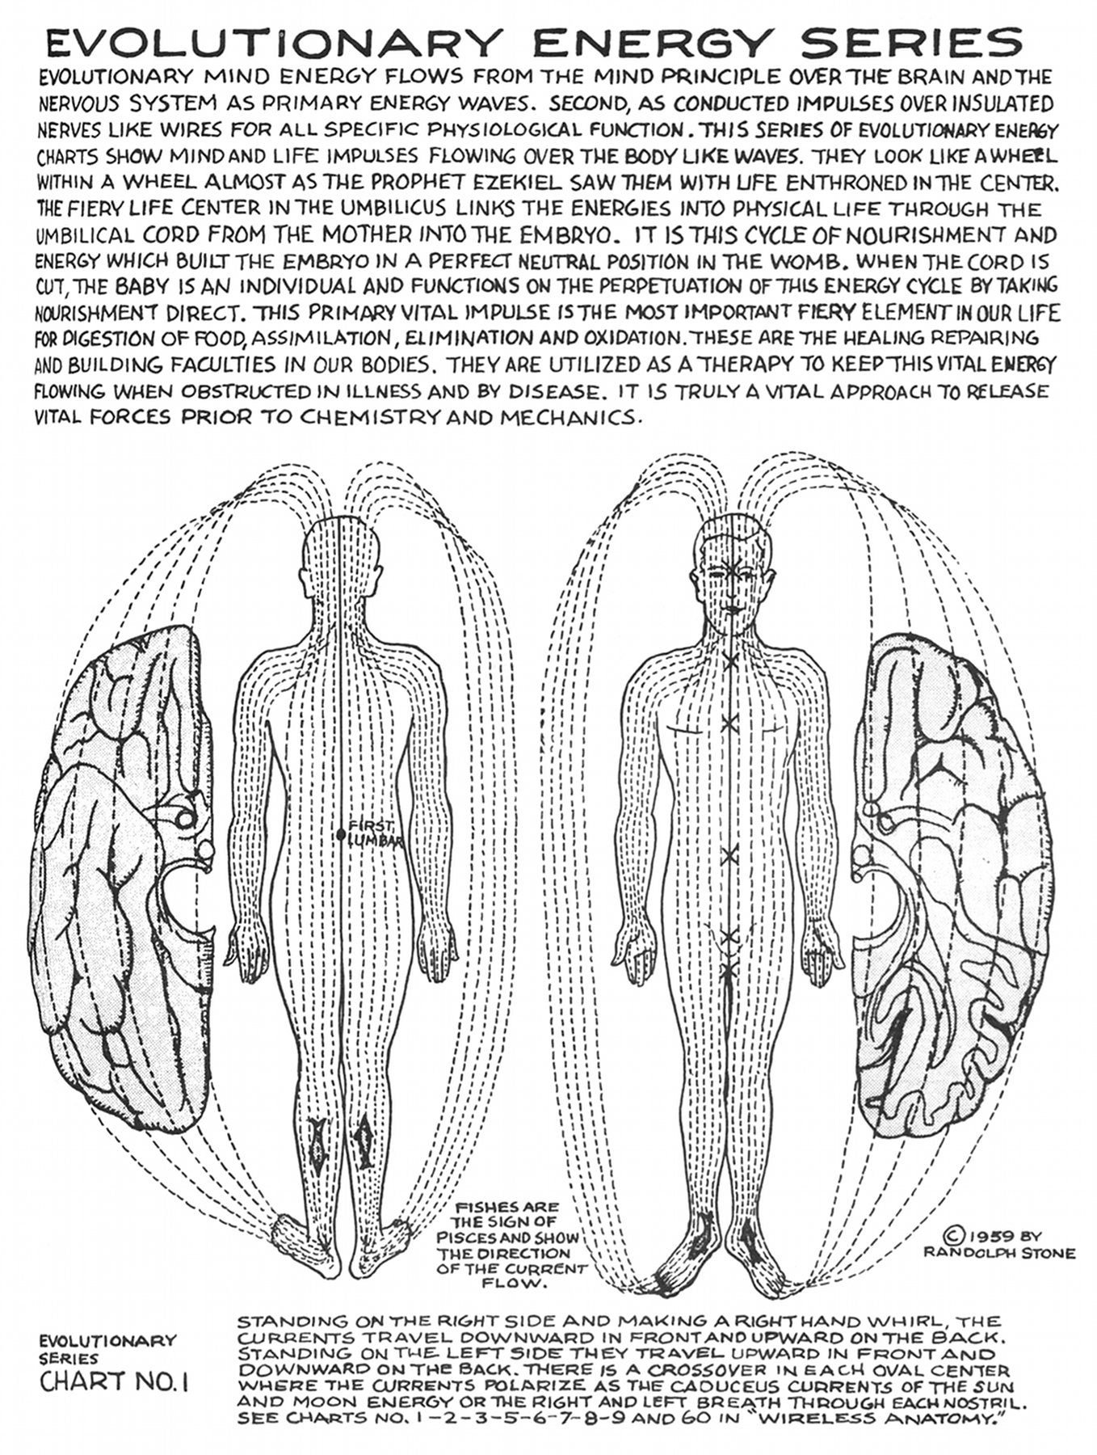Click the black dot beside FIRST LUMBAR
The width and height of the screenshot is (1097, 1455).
342,834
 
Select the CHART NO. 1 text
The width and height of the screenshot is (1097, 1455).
114,1381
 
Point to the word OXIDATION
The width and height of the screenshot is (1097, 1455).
634,339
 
